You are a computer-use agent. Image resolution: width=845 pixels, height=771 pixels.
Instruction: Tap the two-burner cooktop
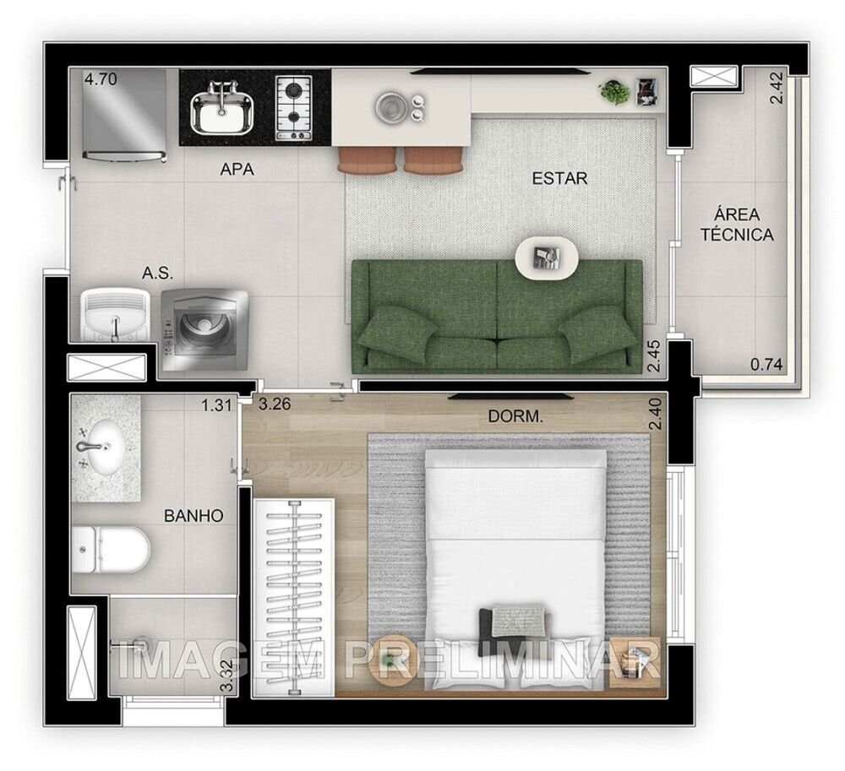(293, 106)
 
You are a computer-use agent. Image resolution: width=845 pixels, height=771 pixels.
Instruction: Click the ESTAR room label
(559, 179)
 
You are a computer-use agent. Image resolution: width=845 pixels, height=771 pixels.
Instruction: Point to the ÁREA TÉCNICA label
(737, 225)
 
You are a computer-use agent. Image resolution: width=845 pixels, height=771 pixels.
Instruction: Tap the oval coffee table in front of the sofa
(547, 257)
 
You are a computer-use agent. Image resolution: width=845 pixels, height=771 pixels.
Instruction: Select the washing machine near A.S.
(204, 330)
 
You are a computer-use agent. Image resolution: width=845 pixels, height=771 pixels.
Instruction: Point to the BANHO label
(194, 515)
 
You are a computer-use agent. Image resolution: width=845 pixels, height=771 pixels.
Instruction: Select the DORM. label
(515, 416)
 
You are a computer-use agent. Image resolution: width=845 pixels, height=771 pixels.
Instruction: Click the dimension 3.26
(275, 404)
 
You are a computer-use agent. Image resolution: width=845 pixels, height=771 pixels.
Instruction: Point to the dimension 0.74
(767, 365)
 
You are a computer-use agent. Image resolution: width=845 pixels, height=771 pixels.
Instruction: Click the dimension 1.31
(216, 405)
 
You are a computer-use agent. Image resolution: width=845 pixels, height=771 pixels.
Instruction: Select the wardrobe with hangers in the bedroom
(294, 595)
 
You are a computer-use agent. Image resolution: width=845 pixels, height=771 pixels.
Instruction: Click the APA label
(237, 170)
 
